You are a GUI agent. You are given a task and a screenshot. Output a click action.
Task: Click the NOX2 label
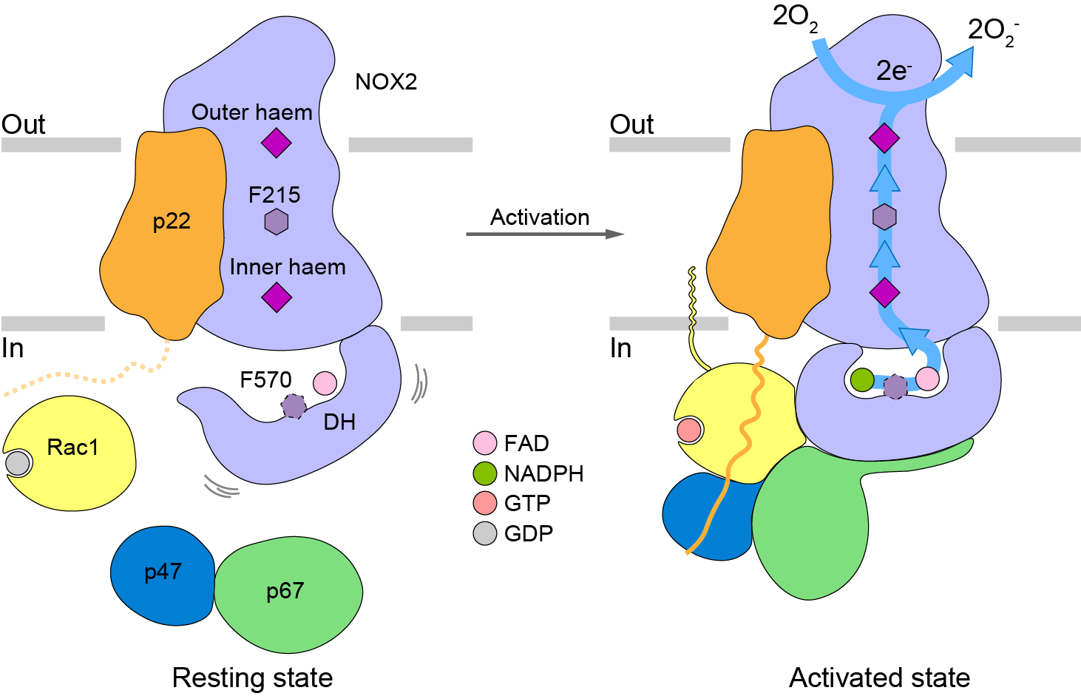click(x=386, y=81)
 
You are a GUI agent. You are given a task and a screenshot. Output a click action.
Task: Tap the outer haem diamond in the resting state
click(x=276, y=142)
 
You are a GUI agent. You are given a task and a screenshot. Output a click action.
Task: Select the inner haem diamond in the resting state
click(x=277, y=297)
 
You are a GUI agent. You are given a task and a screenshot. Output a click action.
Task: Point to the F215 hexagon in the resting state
click(x=276, y=221)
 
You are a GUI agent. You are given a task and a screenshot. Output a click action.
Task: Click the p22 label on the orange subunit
click(x=172, y=221)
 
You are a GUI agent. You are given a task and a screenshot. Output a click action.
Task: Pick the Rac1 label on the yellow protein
click(x=72, y=447)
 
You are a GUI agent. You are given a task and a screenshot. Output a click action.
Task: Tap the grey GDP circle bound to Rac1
click(x=18, y=463)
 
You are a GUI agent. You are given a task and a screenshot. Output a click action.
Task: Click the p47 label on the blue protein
click(x=163, y=572)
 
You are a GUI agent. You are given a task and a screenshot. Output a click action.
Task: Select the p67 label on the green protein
click(x=285, y=591)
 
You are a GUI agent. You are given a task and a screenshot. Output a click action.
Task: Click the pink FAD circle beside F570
click(x=325, y=383)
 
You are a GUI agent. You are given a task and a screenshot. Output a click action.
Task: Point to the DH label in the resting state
click(x=339, y=422)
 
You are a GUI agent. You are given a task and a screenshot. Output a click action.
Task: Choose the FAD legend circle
click(x=484, y=443)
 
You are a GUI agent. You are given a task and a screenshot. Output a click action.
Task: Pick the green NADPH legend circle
click(x=484, y=473)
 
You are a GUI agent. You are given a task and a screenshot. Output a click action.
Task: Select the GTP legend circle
click(x=484, y=503)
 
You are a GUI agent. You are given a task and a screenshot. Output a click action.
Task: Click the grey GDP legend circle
click(x=484, y=533)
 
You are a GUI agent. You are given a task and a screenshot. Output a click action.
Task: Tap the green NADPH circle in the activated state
click(x=862, y=380)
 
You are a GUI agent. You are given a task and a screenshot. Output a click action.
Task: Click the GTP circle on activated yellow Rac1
click(x=688, y=430)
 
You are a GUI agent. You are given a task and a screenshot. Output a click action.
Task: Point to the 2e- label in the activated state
click(x=893, y=71)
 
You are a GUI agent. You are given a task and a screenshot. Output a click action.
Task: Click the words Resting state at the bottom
click(x=252, y=678)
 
